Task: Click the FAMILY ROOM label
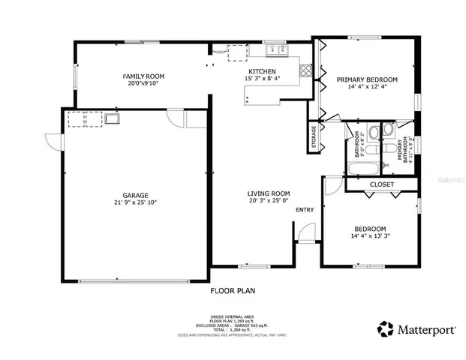tap(143, 76)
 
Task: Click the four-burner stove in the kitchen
tap(306, 72)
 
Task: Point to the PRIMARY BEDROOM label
tap(366, 79)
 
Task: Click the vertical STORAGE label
tap(314, 137)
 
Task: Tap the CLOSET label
tap(382, 184)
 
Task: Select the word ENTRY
tap(305, 210)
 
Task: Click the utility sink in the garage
tap(113, 118)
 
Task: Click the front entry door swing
tap(306, 235)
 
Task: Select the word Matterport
tap(425, 328)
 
